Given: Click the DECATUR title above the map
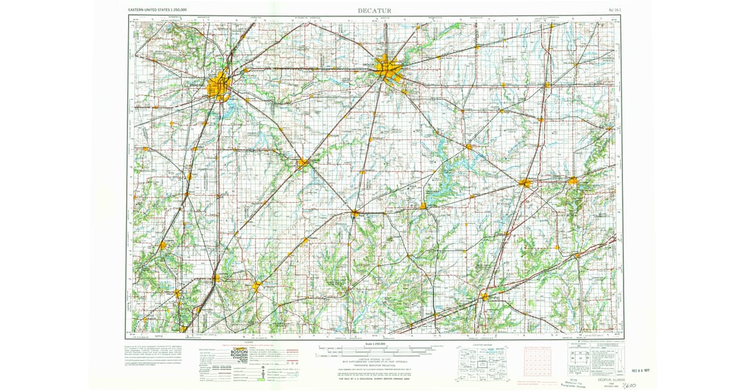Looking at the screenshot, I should tap(379, 10).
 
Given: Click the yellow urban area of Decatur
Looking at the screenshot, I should tap(390, 68).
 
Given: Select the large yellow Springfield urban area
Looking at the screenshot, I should tap(219, 86).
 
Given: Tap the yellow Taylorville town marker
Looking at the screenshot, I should tap(303, 163).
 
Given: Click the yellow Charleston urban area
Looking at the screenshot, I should tap(573, 181).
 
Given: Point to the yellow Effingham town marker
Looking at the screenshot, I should tap(484, 297).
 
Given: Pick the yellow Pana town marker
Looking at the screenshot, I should tap(354, 213).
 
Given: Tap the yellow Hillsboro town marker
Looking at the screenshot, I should tap(257, 286).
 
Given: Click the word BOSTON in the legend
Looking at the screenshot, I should tap(239, 352).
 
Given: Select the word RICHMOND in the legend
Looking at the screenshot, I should tap(239, 357).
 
